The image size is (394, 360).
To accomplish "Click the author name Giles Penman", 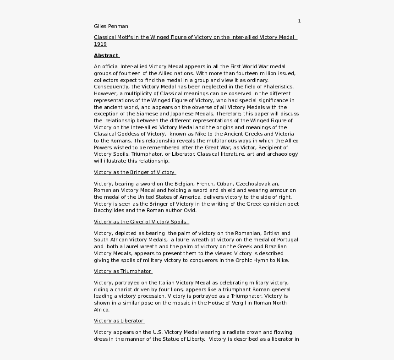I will point(111,26).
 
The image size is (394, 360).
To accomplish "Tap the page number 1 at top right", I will point(299,21).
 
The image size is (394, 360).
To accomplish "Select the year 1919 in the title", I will point(100,44).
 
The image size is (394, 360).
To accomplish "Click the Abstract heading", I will point(106,56).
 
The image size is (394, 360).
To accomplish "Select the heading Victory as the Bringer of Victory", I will point(134,173).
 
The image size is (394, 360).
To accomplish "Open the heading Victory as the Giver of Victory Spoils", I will point(140,222).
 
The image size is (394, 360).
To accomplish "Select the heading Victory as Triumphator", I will point(122,272).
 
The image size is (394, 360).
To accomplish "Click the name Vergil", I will point(232,303).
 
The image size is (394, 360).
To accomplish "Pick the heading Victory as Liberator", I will point(119,321).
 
